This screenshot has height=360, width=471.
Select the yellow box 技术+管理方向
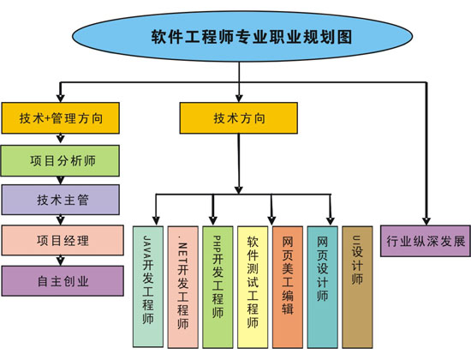[x=60, y=119]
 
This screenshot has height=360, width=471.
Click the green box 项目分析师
[x=60, y=159]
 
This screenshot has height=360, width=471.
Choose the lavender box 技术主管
[x=60, y=200]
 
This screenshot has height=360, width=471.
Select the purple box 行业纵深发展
[x=426, y=242]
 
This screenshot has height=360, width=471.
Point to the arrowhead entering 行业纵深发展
[x=426, y=220]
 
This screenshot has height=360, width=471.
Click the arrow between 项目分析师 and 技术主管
[x=60, y=180]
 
